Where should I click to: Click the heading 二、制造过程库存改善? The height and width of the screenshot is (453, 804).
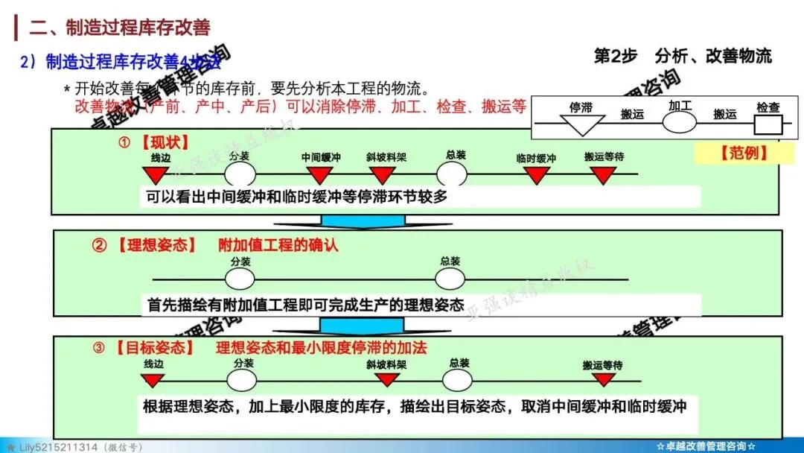tap(119, 28)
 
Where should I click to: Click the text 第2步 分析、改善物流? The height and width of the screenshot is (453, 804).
tap(682, 56)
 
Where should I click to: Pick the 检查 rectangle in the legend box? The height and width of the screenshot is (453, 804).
tap(768, 123)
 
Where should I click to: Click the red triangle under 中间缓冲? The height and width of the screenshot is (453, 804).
tap(320, 175)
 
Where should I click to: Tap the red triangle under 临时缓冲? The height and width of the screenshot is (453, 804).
tap(536, 175)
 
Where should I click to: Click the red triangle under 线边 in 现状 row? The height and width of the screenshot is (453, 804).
tap(156, 175)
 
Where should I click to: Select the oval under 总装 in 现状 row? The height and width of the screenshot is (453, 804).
tap(451, 174)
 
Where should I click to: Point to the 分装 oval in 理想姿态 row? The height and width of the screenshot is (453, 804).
tap(240, 279)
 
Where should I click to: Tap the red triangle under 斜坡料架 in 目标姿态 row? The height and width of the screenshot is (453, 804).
tap(386, 380)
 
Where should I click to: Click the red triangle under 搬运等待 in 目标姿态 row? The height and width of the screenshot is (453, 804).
tap(603, 380)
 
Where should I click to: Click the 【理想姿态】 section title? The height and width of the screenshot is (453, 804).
tap(156, 245)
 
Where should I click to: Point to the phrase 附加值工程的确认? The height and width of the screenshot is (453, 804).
tap(278, 245)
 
